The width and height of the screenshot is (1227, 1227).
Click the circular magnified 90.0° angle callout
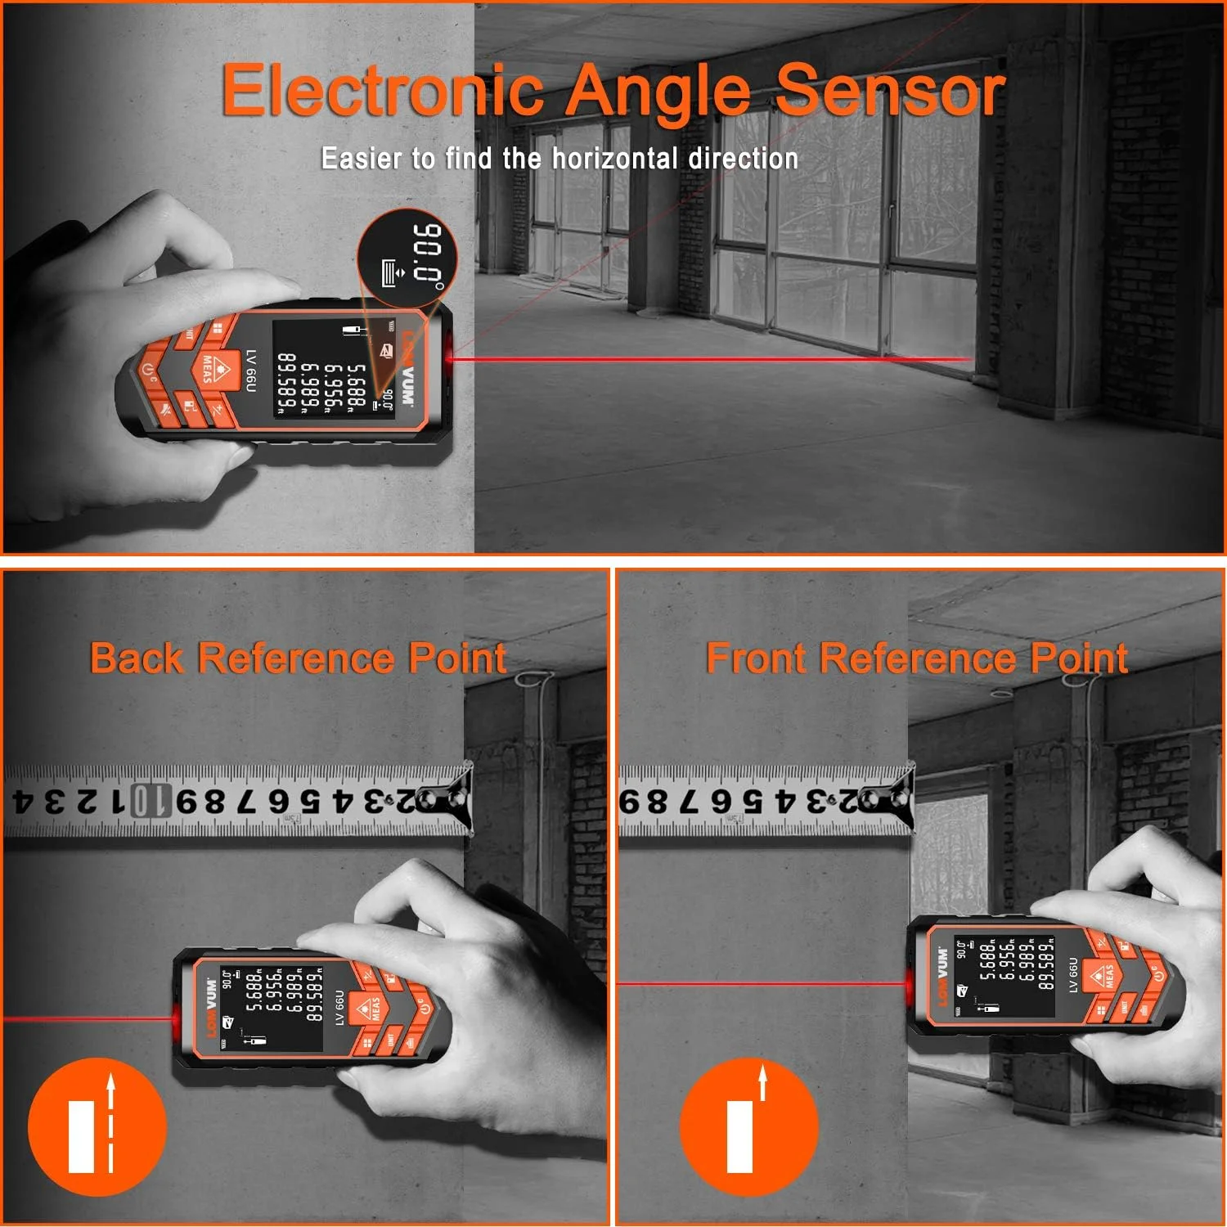[x=407, y=258]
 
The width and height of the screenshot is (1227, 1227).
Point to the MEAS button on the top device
[x=210, y=370]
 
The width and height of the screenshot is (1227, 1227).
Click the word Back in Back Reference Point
[x=137, y=658]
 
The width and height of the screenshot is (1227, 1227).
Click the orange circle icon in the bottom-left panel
[x=97, y=1126]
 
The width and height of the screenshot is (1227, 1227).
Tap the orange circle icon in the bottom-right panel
[x=749, y=1126]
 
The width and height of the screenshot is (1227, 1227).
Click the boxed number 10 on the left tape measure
[x=142, y=801]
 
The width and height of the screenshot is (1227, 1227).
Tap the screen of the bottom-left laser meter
[x=272, y=1007]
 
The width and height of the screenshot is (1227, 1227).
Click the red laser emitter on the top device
[x=449, y=357]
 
